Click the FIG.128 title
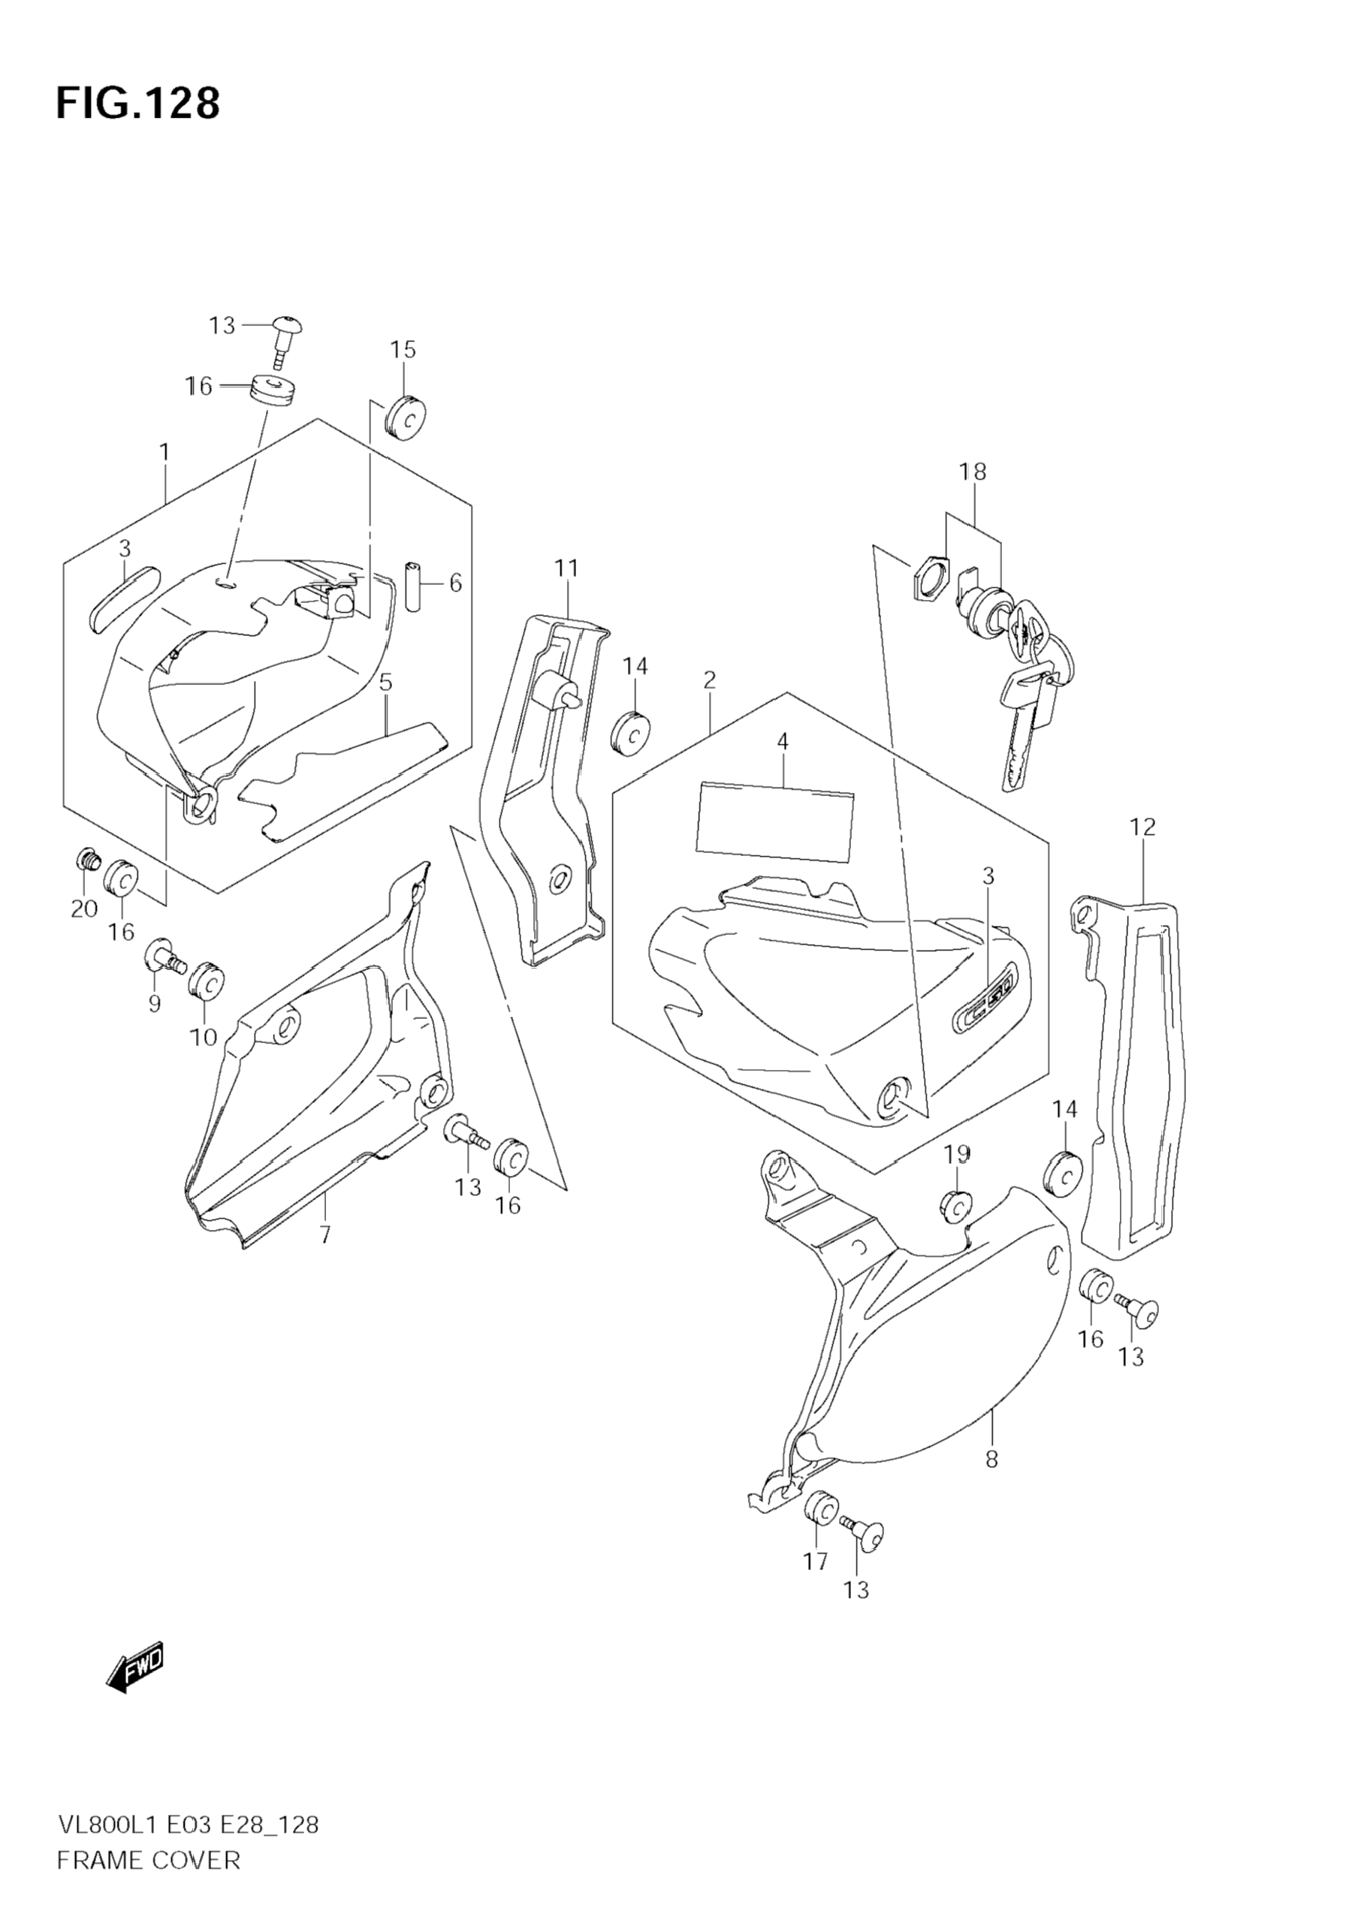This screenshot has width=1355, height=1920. point(138,104)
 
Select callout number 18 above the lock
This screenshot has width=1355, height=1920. point(973,472)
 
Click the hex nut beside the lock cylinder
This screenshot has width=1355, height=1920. point(929,578)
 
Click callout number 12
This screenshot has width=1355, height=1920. point(1142,827)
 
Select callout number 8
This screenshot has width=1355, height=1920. point(991,1459)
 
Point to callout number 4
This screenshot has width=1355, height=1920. point(782,741)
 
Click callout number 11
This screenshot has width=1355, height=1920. point(566,568)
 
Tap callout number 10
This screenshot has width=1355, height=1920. point(204,1037)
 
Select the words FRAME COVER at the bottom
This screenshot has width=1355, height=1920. point(148,1883)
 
